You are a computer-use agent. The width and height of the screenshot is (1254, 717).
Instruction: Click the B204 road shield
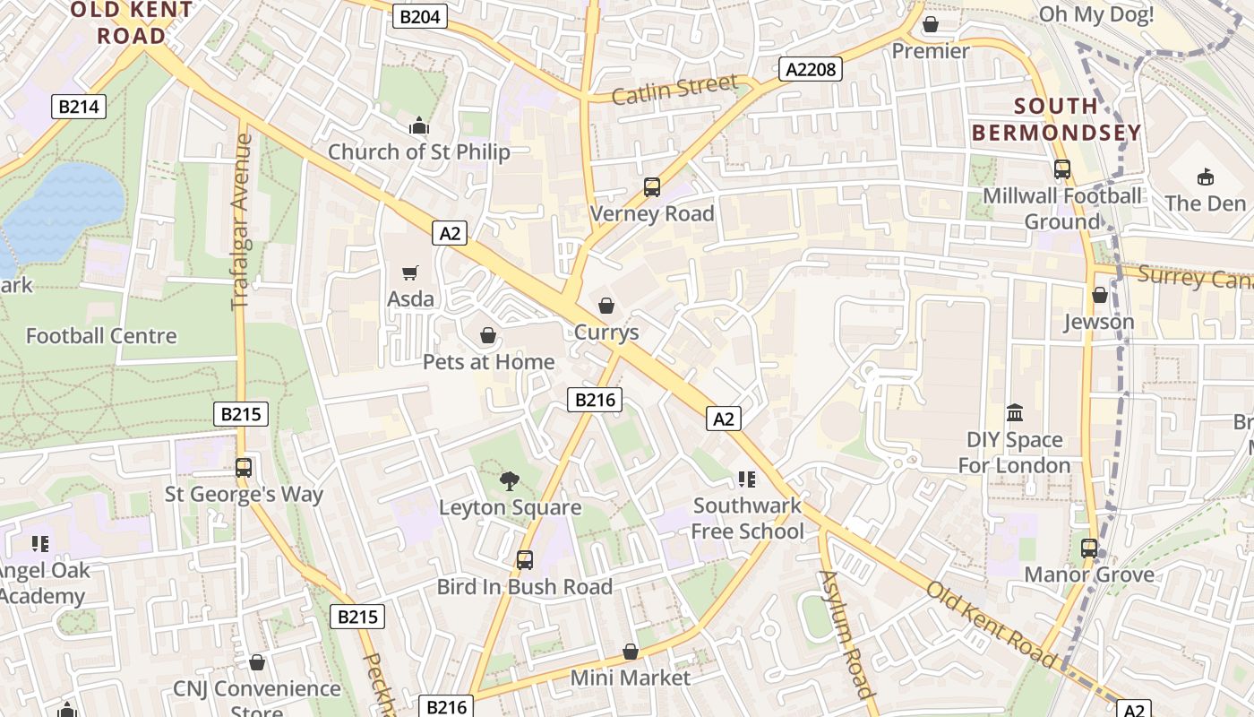click(x=419, y=16)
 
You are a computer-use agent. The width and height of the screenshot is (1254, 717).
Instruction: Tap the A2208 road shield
click(x=810, y=69)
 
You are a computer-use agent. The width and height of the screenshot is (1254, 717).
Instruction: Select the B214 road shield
click(x=79, y=107)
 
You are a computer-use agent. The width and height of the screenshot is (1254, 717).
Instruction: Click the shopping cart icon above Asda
click(x=410, y=272)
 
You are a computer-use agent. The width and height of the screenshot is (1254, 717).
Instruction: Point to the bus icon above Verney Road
click(x=651, y=187)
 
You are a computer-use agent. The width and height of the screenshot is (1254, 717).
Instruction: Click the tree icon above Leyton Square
click(x=510, y=481)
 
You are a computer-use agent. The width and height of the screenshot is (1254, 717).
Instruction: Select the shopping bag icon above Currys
click(x=606, y=306)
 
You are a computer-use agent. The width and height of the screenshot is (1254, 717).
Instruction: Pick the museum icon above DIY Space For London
click(x=1014, y=413)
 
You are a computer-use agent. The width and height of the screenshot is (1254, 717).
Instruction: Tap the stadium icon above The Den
click(x=1205, y=177)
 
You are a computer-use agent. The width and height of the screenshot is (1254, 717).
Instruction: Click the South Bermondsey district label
click(x=1057, y=119)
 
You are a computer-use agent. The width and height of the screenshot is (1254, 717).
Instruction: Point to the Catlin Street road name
click(x=675, y=89)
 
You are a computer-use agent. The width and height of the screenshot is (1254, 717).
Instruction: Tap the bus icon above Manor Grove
click(x=1089, y=548)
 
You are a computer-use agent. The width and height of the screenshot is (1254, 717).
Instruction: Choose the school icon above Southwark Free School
click(x=747, y=479)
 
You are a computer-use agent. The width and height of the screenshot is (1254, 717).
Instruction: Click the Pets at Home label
click(x=488, y=362)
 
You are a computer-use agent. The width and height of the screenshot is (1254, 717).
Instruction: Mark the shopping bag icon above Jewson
click(x=1099, y=295)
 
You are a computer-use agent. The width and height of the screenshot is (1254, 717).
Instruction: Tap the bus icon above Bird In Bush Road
click(x=524, y=560)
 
